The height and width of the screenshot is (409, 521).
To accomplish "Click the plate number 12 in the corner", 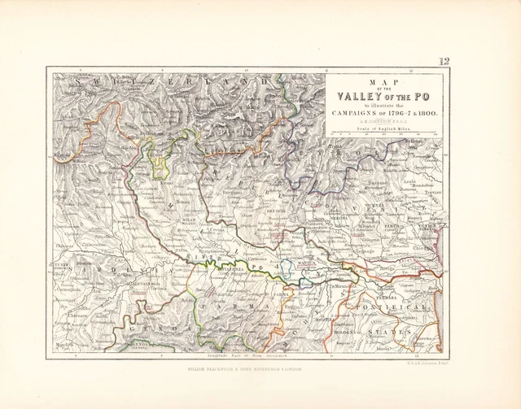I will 444,62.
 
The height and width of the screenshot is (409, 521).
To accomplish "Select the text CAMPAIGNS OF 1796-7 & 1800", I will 384,113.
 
